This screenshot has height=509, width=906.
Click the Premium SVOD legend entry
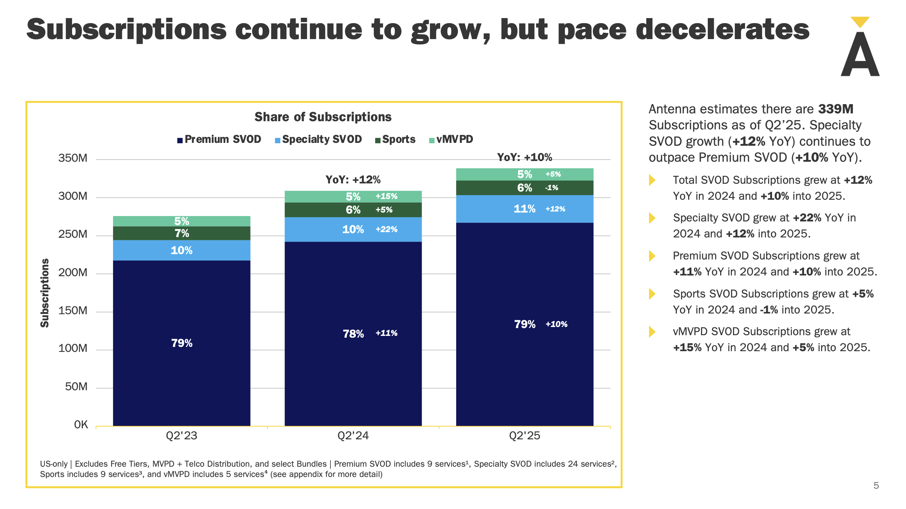(x=219, y=139)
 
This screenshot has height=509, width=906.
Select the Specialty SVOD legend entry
(x=318, y=139)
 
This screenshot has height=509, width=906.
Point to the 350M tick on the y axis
(x=73, y=158)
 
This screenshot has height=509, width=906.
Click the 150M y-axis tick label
(x=73, y=311)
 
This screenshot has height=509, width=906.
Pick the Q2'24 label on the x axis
(x=353, y=435)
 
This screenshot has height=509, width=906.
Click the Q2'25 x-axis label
(x=524, y=435)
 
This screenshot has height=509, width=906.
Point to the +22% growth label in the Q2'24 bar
(x=387, y=229)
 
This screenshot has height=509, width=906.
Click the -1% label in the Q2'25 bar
(x=552, y=188)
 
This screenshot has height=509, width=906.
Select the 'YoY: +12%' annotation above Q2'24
(x=353, y=180)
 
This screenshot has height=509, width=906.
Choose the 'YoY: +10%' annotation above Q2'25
(x=524, y=157)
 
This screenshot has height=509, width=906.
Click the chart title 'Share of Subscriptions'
(x=323, y=117)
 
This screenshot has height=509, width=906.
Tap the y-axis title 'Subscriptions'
(x=44, y=293)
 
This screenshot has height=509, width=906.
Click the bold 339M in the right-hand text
(x=835, y=109)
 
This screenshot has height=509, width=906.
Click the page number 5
(x=876, y=486)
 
